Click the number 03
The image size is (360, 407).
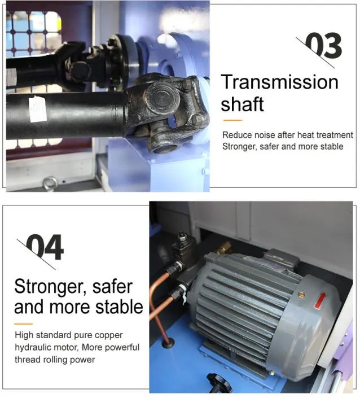tap(323, 45)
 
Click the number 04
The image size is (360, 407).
tap(45, 247)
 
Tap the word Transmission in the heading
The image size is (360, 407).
tap(279, 82)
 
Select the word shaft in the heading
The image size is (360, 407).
tap(242, 104)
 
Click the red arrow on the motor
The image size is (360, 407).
tap(320, 300)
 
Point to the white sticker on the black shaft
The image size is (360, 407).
tap(38, 109)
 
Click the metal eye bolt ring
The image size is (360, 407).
tap(50, 183)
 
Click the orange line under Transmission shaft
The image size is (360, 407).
tap(232, 120)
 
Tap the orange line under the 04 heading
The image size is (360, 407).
tap(23, 324)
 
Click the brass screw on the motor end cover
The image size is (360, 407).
tap(302, 294)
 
